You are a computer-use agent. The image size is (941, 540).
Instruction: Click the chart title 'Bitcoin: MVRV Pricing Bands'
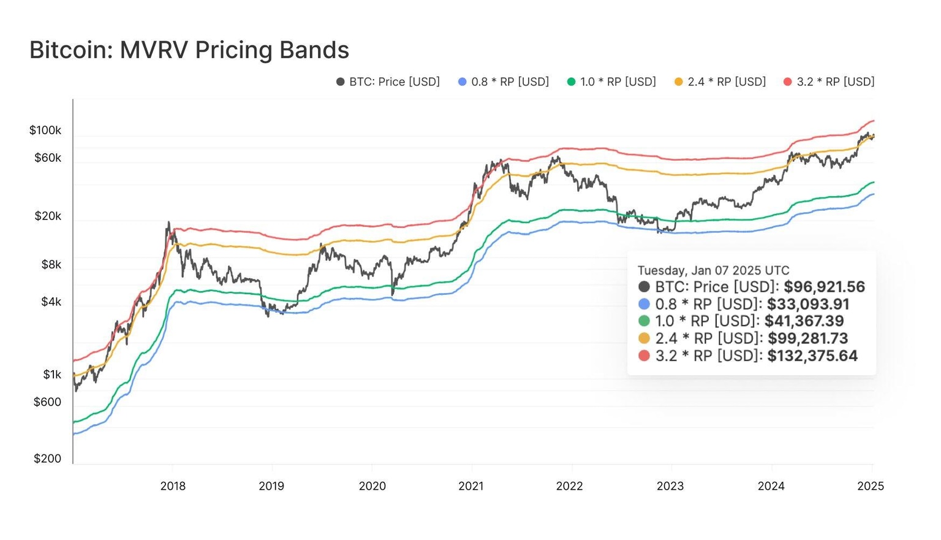click(189, 50)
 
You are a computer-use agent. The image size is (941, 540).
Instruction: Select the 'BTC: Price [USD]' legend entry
click(388, 82)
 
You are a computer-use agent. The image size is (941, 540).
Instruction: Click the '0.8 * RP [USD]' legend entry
click(504, 82)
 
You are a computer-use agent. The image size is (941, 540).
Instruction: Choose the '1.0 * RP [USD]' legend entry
click(611, 82)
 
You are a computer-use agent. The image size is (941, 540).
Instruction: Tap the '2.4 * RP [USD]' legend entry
click(720, 82)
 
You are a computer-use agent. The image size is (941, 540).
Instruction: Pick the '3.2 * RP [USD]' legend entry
click(829, 82)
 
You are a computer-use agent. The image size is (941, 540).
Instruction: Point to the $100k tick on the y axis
click(45, 130)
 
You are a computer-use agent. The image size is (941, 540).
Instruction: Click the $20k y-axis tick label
click(48, 216)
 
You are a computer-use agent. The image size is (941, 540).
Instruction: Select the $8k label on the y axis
click(51, 265)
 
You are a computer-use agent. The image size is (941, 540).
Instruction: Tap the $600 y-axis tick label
click(47, 402)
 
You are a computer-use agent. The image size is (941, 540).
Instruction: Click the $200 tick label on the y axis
click(47, 458)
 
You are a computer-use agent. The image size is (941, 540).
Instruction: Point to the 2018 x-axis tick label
click(173, 486)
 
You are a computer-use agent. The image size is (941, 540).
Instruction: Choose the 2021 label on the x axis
click(470, 486)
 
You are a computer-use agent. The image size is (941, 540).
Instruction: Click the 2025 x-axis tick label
click(871, 486)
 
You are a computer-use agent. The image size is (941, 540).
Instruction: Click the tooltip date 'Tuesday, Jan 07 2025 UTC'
click(713, 270)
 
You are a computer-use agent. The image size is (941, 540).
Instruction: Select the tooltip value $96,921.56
click(824, 287)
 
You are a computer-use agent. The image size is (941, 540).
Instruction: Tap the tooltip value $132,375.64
click(812, 356)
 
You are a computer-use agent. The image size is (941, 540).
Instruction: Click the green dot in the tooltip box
click(644, 321)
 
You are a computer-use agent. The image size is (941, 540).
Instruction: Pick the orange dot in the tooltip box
click(644, 338)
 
